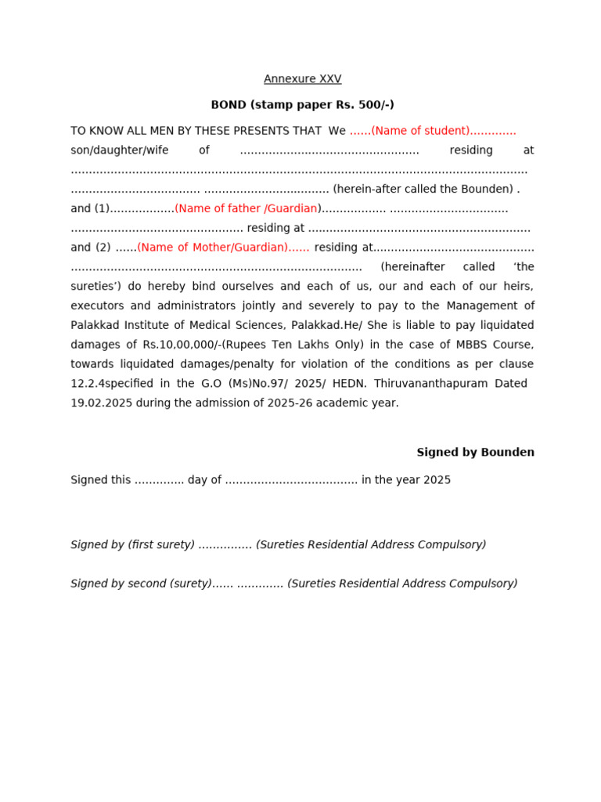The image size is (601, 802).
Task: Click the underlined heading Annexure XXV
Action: pos(302,79)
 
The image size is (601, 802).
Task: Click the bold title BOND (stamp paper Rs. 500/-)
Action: pos(302,105)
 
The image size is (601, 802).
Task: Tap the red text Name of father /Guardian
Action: pos(247,208)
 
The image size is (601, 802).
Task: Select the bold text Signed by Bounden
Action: pos(475,453)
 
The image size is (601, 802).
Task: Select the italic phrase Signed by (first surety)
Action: pos(132,545)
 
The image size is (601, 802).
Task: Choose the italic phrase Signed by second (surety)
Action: pos(141,584)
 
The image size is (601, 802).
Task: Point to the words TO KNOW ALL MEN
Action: pos(122,131)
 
